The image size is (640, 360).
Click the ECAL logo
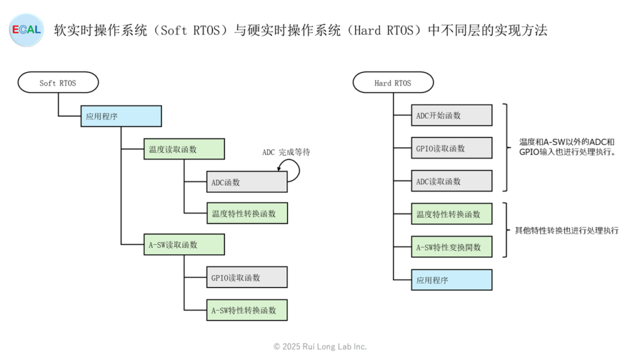(26, 30)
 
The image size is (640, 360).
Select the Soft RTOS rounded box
(58, 82)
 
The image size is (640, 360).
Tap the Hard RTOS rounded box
(393, 82)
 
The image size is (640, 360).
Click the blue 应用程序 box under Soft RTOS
(121, 116)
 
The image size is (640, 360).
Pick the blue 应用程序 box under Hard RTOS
(452, 280)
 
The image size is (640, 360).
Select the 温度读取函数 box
(184, 149)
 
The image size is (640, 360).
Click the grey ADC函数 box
(247, 182)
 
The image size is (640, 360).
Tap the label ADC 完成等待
(286, 152)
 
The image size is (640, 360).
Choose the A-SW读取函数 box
(184, 244)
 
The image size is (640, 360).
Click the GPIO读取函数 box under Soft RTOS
(247, 277)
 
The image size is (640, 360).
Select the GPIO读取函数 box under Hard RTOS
(452, 148)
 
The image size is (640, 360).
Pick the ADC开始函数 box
(452, 116)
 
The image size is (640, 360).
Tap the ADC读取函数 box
(452, 181)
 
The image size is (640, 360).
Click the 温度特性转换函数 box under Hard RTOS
(452, 214)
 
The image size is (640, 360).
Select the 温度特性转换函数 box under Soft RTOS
(247, 213)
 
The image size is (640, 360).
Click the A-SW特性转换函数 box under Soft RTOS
(247, 310)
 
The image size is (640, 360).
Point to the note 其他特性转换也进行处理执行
(566, 231)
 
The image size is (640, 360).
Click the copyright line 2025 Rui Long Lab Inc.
(320, 346)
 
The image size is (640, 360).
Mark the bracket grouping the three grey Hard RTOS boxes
(507, 147)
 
